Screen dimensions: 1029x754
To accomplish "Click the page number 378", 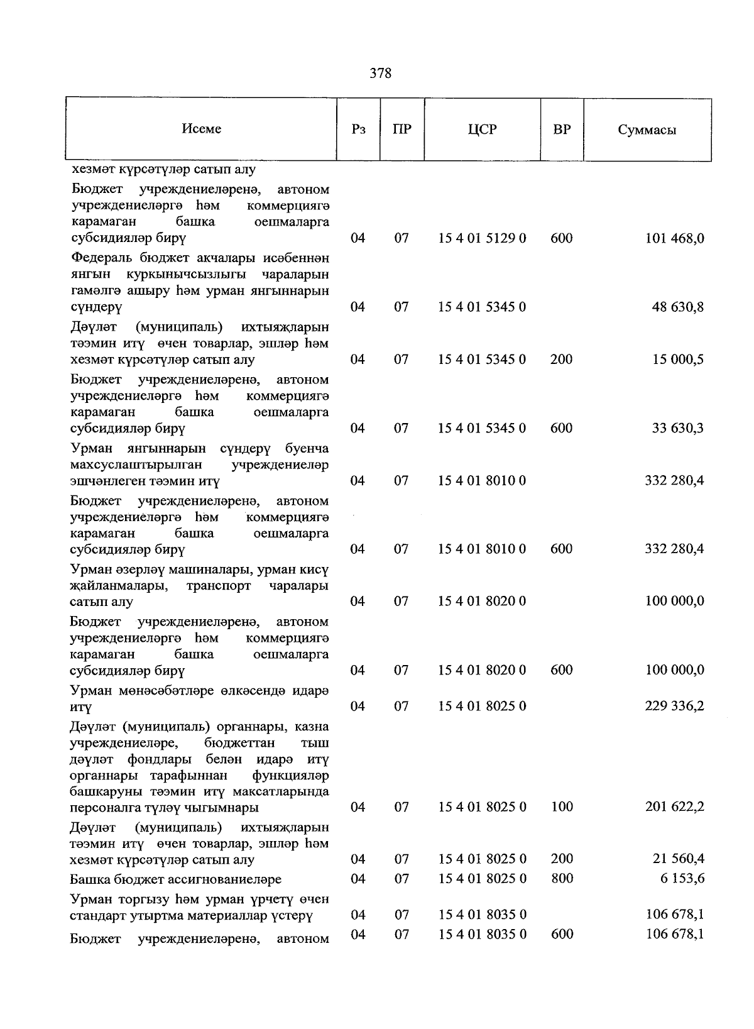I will tap(380, 74).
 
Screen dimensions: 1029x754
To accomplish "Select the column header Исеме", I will tap(202, 129).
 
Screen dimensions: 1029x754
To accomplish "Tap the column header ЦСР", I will tap(482, 129).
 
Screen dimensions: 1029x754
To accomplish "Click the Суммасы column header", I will tap(647, 130).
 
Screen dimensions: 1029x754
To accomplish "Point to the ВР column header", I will tap(562, 129).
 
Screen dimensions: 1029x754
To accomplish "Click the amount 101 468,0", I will tap(674, 238).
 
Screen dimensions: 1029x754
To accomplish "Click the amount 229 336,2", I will tap(674, 706).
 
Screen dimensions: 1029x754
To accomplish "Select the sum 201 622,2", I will tap(674, 806).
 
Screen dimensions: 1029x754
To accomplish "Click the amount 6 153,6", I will tap(682, 878).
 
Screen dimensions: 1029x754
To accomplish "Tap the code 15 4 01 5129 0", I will tap(482, 238).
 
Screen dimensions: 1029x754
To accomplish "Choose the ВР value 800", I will tap(561, 878).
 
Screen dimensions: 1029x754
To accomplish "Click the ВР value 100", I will tap(561, 806).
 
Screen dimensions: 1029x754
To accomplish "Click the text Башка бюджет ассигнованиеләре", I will tap(176, 879).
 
